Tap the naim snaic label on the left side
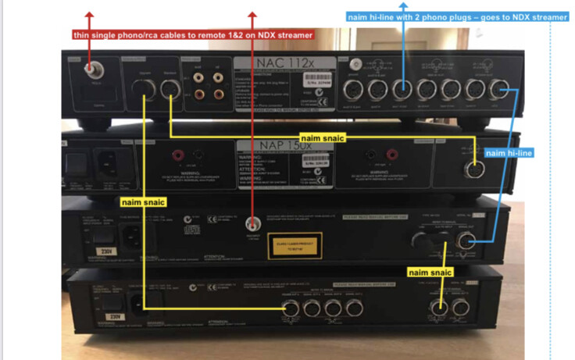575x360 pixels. (x=142, y=201)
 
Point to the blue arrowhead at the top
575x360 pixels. (x=404, y=6)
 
